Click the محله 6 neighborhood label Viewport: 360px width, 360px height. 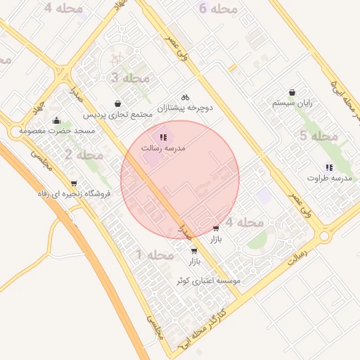219,9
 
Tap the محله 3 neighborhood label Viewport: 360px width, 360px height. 130,77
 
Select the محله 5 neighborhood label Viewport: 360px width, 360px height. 319,136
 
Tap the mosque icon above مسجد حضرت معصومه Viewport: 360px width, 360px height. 56,120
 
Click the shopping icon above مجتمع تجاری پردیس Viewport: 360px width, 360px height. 116,103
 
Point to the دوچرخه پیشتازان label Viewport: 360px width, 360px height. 184,108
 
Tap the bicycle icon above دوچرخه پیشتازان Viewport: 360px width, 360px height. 185,97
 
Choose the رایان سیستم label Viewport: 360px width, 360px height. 292,103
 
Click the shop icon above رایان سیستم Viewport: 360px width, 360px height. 292,92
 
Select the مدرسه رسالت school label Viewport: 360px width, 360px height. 162,148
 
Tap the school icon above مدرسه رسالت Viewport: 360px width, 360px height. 163,137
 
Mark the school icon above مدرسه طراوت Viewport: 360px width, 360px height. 329,167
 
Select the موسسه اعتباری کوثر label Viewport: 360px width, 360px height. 207,280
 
